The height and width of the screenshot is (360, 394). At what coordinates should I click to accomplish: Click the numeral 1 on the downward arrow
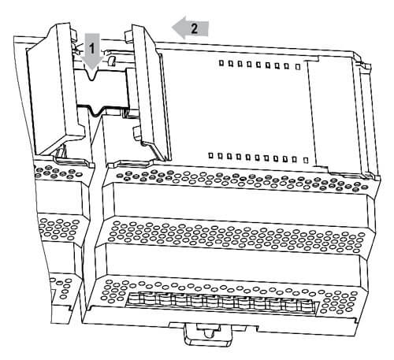click(91, 49)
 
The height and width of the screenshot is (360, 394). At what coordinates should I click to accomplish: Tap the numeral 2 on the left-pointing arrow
click(195, 28)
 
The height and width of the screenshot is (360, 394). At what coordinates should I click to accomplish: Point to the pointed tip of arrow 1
click(91, 70)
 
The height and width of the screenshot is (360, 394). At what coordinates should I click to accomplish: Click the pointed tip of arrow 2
click(173, 28)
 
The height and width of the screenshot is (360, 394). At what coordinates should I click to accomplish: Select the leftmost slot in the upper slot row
click(221, 63)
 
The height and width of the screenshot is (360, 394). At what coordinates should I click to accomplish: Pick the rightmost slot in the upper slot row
click(298, 67)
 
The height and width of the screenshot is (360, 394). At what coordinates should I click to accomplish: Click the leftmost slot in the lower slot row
click(210, 155)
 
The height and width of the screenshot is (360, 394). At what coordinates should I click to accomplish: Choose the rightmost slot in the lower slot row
click(306, 160)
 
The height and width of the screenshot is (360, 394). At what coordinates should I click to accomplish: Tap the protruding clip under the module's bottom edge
click(209, 334)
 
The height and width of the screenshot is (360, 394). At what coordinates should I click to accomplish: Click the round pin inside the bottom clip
click(209, 333)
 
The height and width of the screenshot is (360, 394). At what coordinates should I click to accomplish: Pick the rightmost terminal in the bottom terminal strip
click(306, 306)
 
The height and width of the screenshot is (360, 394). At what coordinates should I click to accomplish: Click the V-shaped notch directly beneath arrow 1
click(92, 75)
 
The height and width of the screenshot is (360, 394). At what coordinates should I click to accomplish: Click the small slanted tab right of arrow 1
click(111, 61)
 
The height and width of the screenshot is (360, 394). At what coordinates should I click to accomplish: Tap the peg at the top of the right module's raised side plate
click(128, 37)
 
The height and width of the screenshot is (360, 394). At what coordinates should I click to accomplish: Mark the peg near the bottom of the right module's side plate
click(137, 133)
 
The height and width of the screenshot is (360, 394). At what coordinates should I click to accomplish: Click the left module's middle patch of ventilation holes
click(58, 229)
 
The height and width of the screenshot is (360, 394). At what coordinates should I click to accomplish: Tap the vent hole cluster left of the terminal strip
click(113, 291)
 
